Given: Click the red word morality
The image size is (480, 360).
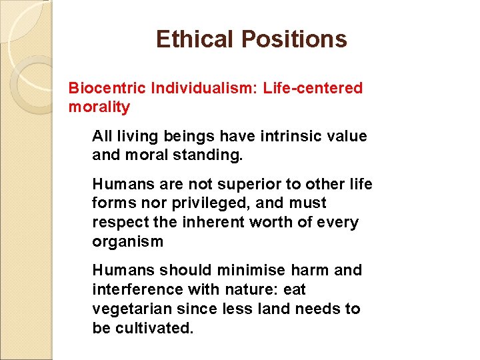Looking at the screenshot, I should (x=99, y=107).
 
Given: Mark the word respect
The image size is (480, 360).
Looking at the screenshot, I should (x=119, y=222).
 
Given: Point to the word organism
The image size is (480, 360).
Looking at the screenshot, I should (x=127, y=241).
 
